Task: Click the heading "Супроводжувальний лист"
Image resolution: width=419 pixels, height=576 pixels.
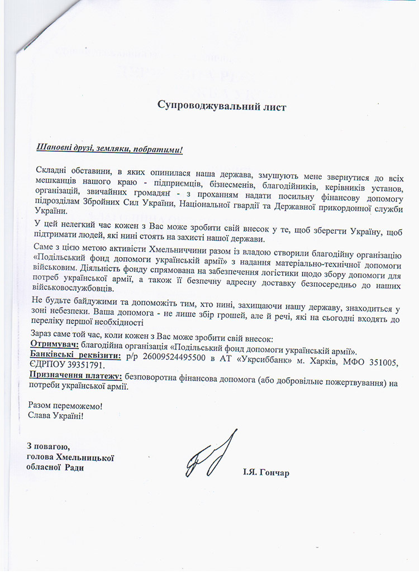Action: pyautogui.click(x=221, y=106)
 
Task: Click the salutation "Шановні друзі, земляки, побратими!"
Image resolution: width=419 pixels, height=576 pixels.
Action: pyautogui.click(x=109, y=149)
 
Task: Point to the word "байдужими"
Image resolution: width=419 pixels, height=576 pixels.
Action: pyautogui.click(x=78, y=302)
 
